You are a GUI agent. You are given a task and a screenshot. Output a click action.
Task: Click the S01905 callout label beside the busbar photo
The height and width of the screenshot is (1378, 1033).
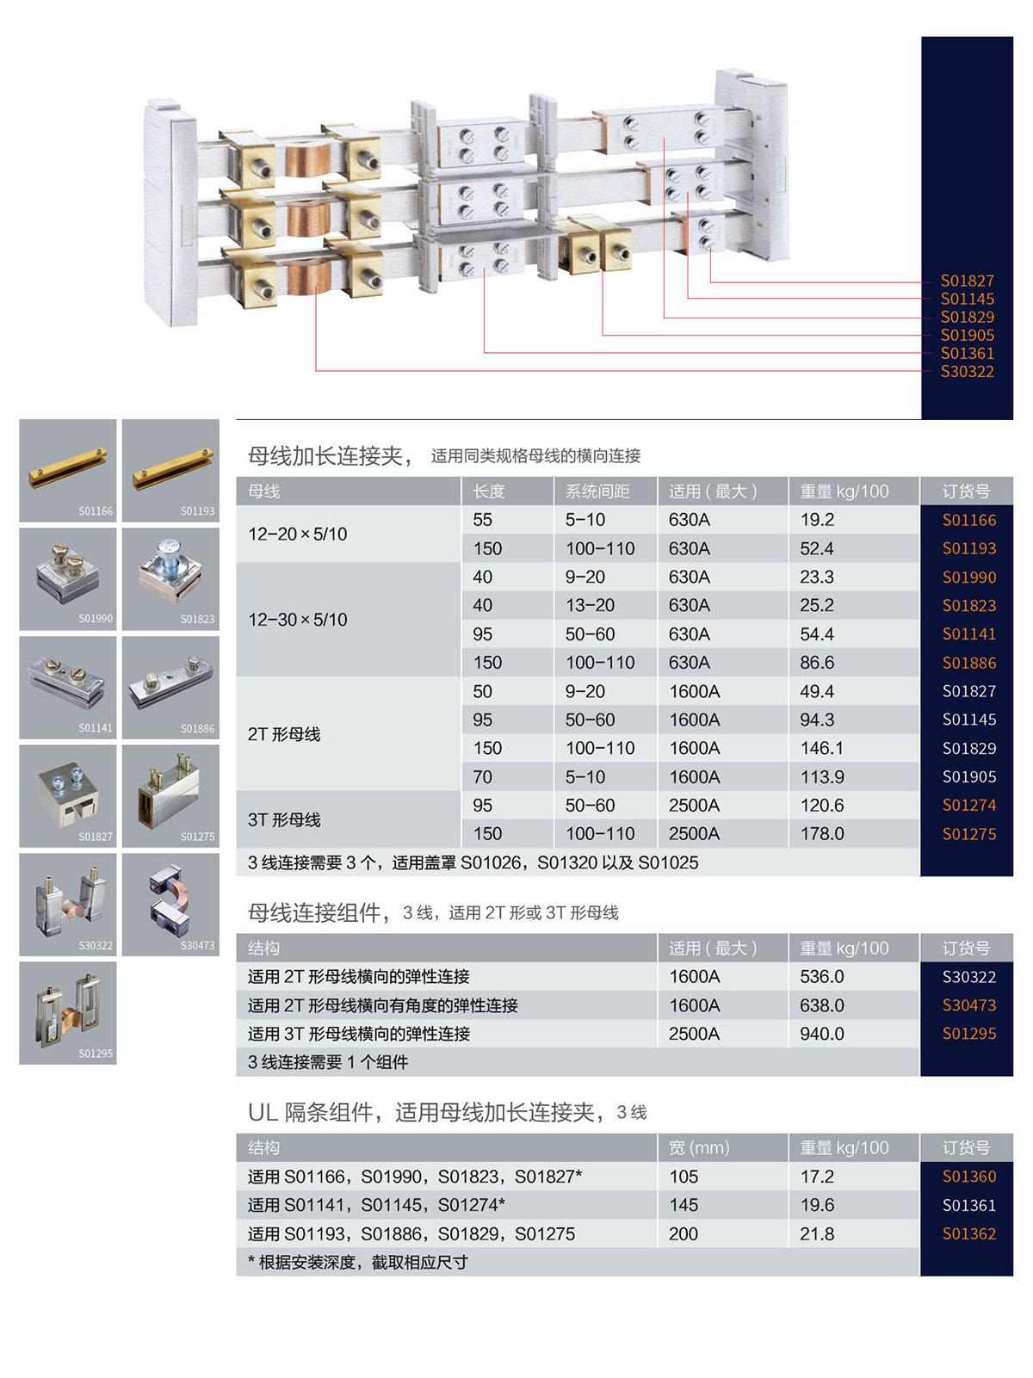[967, 335]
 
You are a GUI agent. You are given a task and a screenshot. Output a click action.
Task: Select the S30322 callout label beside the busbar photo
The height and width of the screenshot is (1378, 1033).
[967, 371]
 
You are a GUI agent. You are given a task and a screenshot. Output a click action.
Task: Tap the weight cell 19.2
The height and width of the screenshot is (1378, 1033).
[816, 519]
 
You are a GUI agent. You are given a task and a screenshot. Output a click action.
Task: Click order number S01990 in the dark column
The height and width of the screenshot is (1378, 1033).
[968, 577]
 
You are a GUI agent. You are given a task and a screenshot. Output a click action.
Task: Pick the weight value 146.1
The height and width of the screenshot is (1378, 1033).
[821, 748]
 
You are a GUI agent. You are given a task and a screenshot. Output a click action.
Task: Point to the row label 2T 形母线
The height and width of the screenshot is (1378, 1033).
[284, 734]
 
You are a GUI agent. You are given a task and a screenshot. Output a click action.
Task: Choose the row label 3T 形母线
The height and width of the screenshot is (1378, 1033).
[284, 819]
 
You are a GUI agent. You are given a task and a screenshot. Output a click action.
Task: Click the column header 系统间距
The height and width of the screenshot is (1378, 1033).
[597, 491]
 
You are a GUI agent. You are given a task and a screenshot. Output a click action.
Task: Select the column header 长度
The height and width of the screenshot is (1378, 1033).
[488, 491]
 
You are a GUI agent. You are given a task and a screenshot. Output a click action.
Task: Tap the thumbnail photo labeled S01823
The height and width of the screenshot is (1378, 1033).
[170, 578]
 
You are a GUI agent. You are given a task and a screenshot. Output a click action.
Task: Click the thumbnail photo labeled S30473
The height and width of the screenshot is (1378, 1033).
[170, 904]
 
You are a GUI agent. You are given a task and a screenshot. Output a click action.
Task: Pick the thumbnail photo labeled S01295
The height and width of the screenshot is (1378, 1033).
[68, 1012]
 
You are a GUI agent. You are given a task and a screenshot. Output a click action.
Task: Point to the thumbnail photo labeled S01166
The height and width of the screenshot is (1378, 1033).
[68, 470]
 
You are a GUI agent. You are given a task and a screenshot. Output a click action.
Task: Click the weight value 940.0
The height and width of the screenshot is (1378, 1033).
[821, 1034]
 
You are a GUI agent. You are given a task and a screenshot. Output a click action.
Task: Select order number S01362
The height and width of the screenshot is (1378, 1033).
[968, 1233]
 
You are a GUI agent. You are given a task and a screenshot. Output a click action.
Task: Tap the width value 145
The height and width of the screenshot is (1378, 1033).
[683, 1205]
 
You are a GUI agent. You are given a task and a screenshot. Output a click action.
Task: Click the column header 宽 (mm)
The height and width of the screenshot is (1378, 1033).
[698, 1147]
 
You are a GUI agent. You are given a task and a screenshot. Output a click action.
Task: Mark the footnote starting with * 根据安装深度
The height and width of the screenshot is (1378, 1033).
[358, 1262]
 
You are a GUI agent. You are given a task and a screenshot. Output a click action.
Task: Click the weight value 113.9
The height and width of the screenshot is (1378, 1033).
[821, 776]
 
